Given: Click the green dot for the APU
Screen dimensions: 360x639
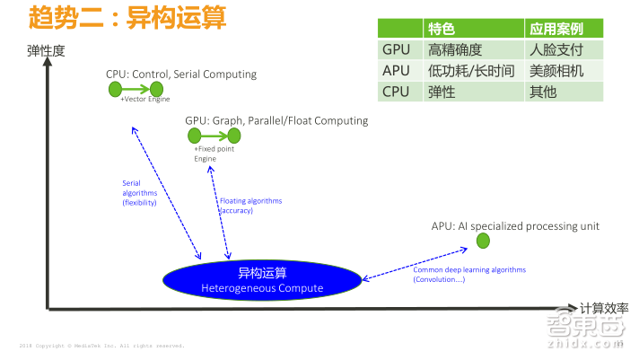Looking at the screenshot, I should (x=483, y=241).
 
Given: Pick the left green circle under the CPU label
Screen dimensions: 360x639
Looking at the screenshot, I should (x=114, y=89).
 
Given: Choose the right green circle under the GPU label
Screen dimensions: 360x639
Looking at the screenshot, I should (x=234, y=136).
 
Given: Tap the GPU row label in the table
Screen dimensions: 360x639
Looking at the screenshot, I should (x=396, y=49).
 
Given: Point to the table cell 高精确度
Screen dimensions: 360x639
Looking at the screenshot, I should (x=457, y=49).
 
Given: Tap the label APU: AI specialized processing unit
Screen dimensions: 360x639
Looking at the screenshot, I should (x=515, y=226).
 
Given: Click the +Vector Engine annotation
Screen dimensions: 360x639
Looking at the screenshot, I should (x=144, y=100).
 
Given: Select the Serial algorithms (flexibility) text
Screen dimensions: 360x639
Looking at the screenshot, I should (x=139, y=192).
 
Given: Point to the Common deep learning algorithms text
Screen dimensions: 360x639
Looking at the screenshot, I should (x=469, y=269).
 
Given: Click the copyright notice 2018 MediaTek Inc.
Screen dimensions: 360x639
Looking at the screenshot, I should (x=101, y=345).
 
